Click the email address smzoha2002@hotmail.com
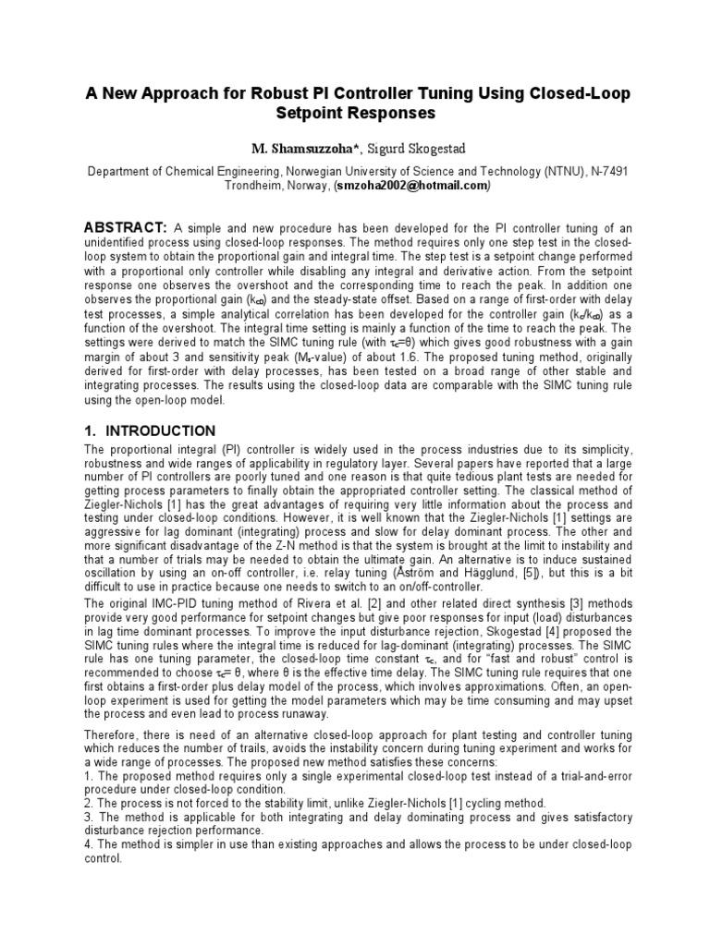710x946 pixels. [411, 186]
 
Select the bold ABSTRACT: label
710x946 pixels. [125, 228]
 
